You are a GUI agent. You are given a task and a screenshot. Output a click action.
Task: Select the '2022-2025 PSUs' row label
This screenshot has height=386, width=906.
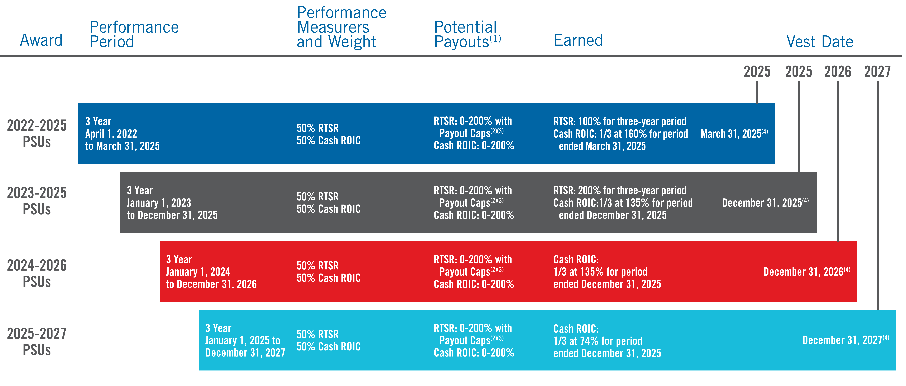pyautogui.click(x=37, y=134)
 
